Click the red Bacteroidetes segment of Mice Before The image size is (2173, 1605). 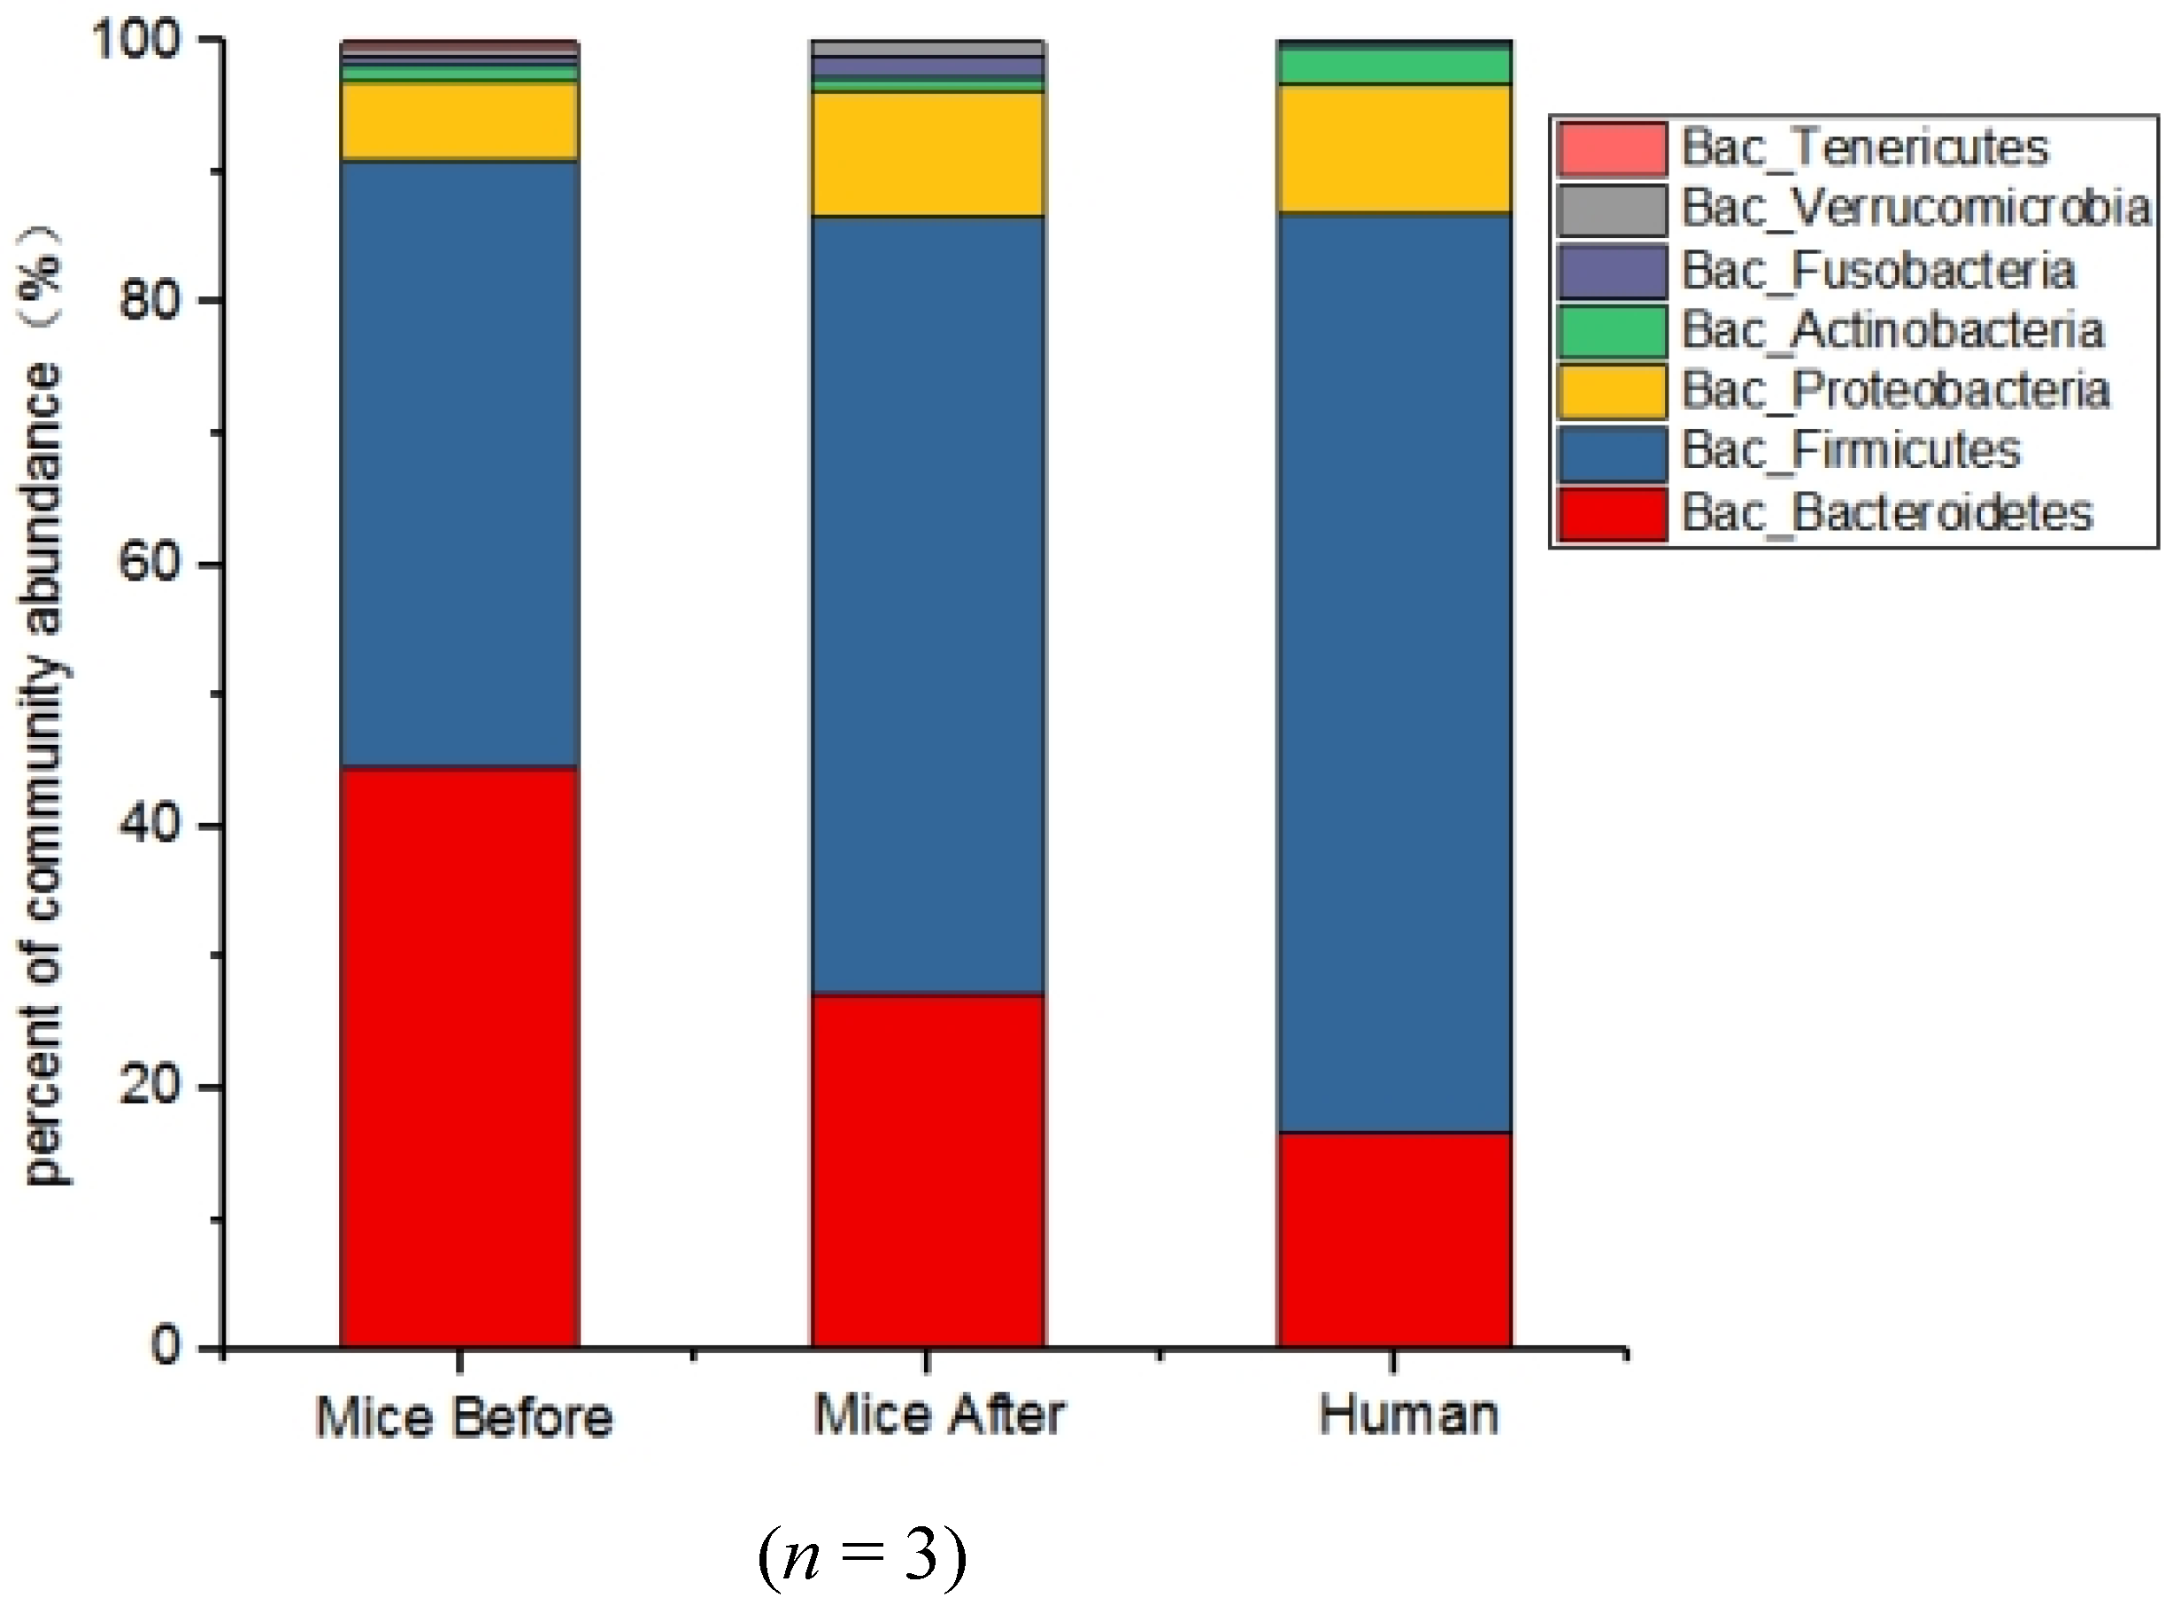click(459, 1056)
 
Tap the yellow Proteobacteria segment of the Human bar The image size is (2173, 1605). click(1393, 149)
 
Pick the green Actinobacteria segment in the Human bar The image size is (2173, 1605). click(1393, 66)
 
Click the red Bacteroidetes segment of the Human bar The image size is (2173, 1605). click(1393, 1239)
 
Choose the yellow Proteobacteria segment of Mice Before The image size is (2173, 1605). click(459, 120)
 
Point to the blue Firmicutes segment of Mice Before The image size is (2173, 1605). click(459, 464)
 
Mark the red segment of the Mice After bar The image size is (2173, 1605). click(927, 1170)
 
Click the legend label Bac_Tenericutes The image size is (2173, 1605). click(1864, 148)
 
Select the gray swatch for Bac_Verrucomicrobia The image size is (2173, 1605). click(1611, 209)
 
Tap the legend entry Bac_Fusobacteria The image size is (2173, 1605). click(1877, 270)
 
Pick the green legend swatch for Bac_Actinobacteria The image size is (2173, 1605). click(1611, 330)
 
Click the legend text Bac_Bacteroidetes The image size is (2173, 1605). click(1885, 513)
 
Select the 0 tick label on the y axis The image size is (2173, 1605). click(166, 1346)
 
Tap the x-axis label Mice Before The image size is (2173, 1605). click(464, 1417)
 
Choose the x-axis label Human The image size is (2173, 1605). click(1407, 1415)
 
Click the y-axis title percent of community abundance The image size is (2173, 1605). click(43, 710)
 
